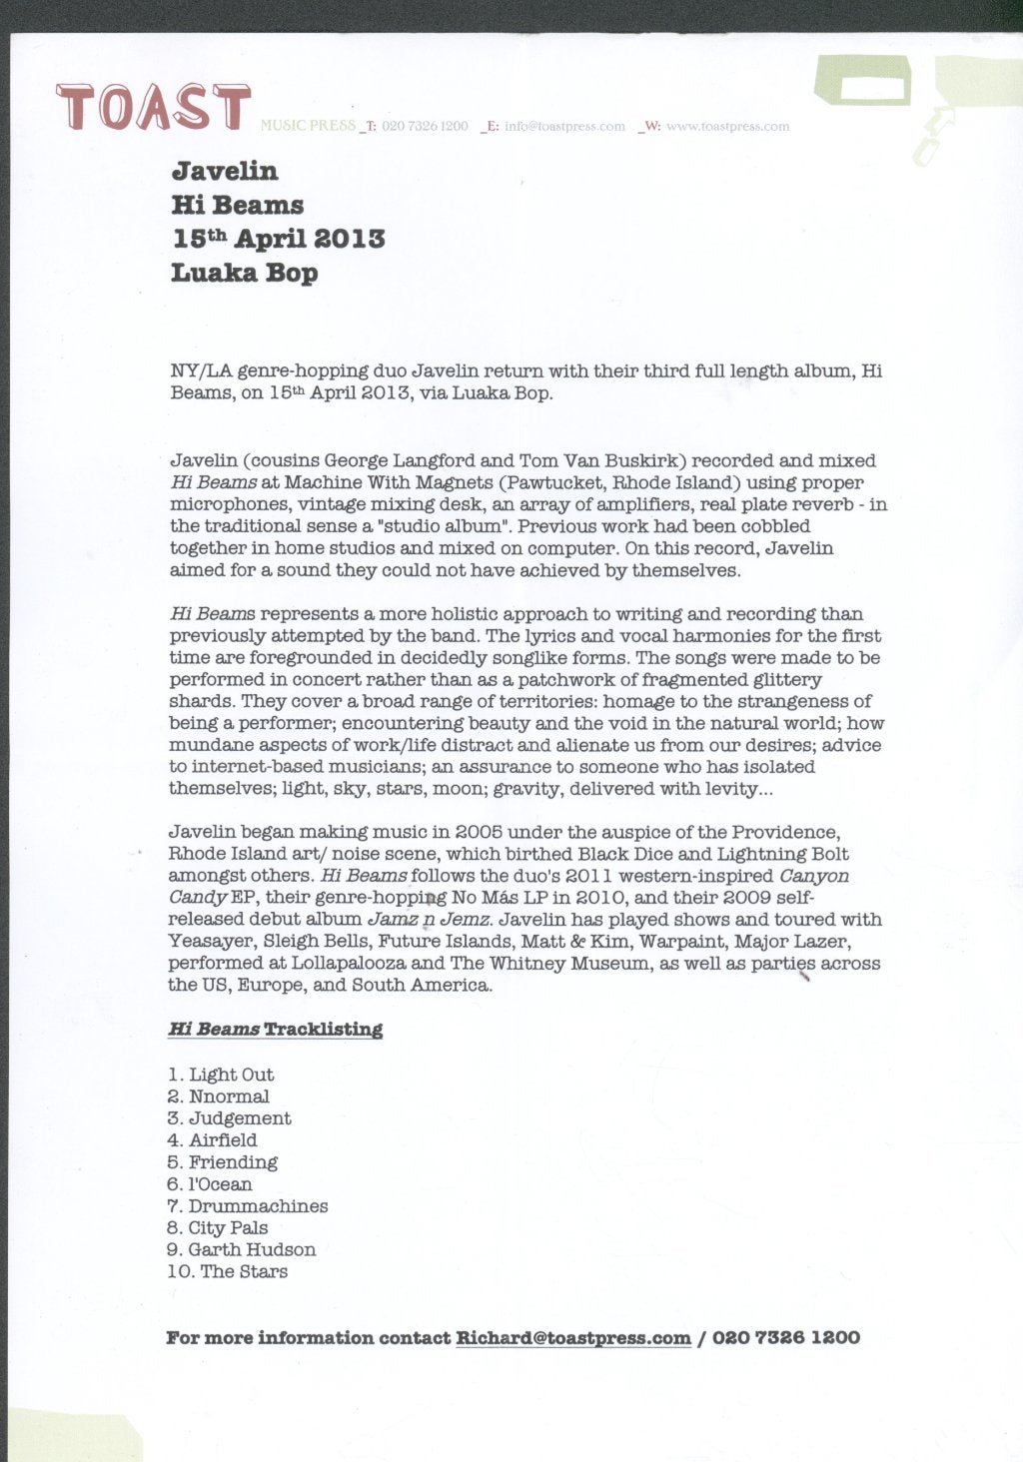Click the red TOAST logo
point(153,108)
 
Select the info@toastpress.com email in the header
point(564,127)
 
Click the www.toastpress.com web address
point(727,127)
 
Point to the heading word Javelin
point(225,171)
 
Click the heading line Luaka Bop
point(245,273)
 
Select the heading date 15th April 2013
point(278,239)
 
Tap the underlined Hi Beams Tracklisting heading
point(276,1030)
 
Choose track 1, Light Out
point(231,1075)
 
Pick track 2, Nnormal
point(229,1096)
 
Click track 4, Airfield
point(223,1140)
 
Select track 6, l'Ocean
point(220,1184)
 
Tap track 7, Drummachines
point(258,1206)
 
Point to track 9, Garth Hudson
point(252,1250)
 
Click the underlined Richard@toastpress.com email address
point(573,1338)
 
